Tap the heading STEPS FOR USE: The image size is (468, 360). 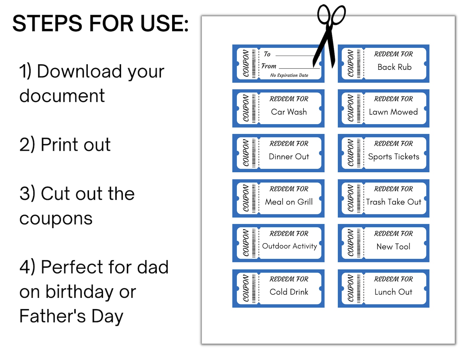[x=100, y=24]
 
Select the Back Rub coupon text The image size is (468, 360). [x=394, y=67]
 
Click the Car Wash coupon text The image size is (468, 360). [x=289, y=112]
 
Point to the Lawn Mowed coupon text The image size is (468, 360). [x=393, y=112]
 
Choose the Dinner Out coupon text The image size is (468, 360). [x=289, y=157]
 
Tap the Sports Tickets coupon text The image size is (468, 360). [x=393, y=157]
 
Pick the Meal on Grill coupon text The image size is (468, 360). [x=289, y=202]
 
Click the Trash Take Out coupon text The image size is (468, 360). [x=393, y=202]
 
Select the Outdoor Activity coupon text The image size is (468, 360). [x=289, y=246]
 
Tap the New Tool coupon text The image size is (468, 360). [x=393, y=247]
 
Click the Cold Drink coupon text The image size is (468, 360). [x=289, y=292]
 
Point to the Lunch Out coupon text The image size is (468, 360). [x=393, y=292]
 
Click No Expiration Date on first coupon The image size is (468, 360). [x=289, y=75]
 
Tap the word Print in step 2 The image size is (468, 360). [x=60, y=145]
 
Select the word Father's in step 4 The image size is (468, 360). [x=52, y=316]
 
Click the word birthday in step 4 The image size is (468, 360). [x=80, y=292]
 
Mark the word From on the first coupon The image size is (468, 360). [x=269, y=66]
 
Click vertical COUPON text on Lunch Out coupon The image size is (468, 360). [x=350, y=288]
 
